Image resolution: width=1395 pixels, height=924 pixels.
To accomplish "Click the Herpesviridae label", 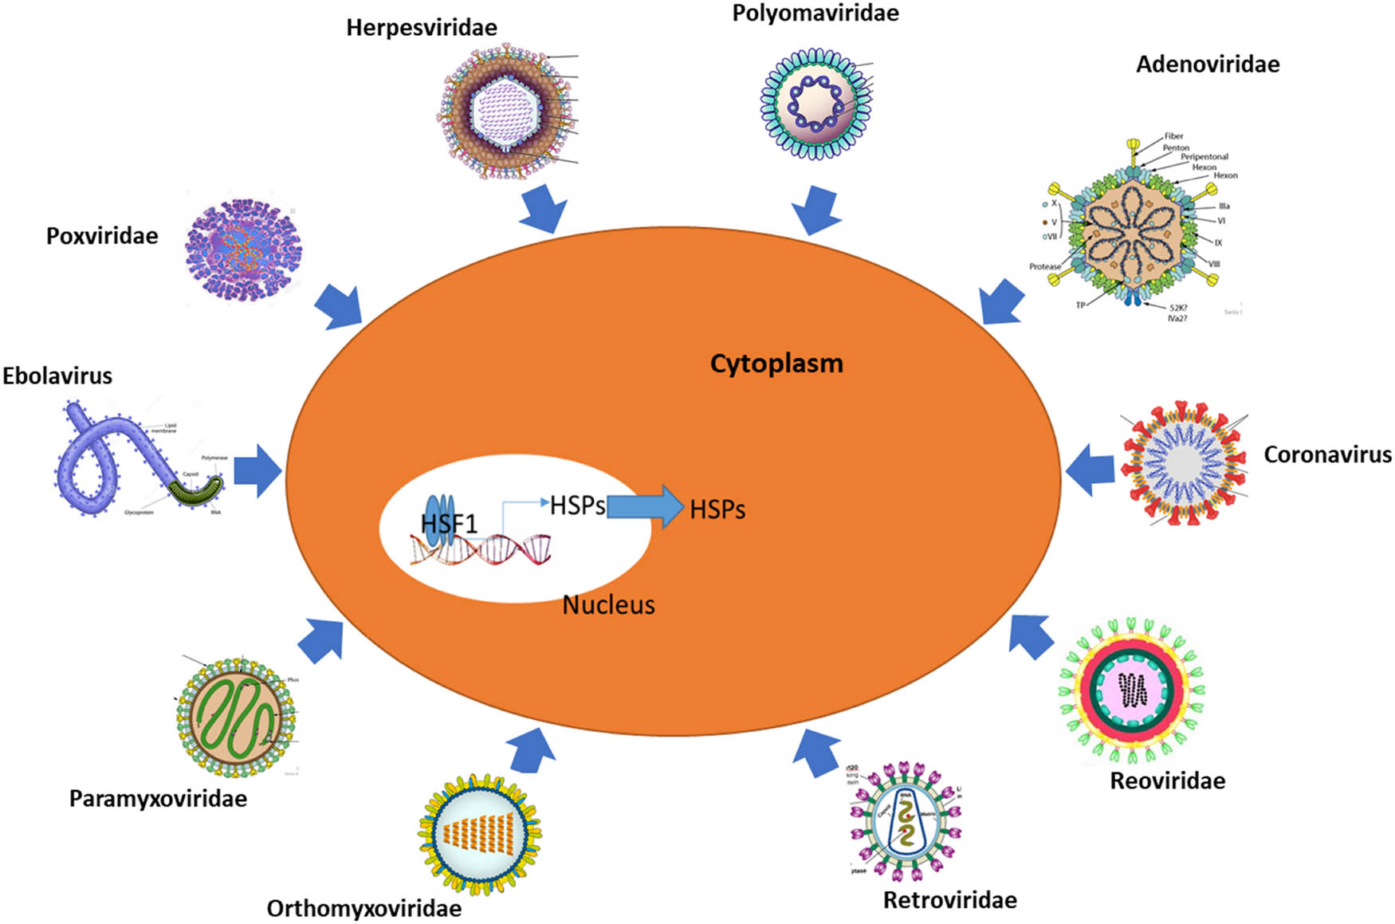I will (421, 28).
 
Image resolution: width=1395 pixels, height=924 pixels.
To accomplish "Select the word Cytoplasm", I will (776, 364).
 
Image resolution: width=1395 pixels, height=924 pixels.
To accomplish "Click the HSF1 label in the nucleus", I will (448, 524).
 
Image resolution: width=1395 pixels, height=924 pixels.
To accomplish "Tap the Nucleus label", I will (608, 605).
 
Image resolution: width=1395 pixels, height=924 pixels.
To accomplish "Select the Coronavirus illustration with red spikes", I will (1183, 462).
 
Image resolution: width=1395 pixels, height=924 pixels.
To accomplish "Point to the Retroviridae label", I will (949, 900).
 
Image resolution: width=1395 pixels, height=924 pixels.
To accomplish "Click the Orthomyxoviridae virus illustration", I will (480, 833).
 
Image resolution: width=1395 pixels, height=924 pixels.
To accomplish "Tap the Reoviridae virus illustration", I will (1131, 690).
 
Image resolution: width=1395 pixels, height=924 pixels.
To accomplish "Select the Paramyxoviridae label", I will (158, 798).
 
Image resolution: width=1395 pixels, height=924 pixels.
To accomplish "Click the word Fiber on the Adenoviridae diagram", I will (1173, 136).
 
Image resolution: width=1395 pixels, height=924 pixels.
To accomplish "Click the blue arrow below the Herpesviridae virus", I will (544, 209).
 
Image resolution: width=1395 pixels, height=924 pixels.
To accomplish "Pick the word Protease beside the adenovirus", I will (1044, 266).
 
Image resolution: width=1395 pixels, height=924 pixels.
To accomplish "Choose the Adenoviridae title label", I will (1207, 65).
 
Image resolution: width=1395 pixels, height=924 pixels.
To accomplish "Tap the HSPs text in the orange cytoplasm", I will (717, 510).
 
